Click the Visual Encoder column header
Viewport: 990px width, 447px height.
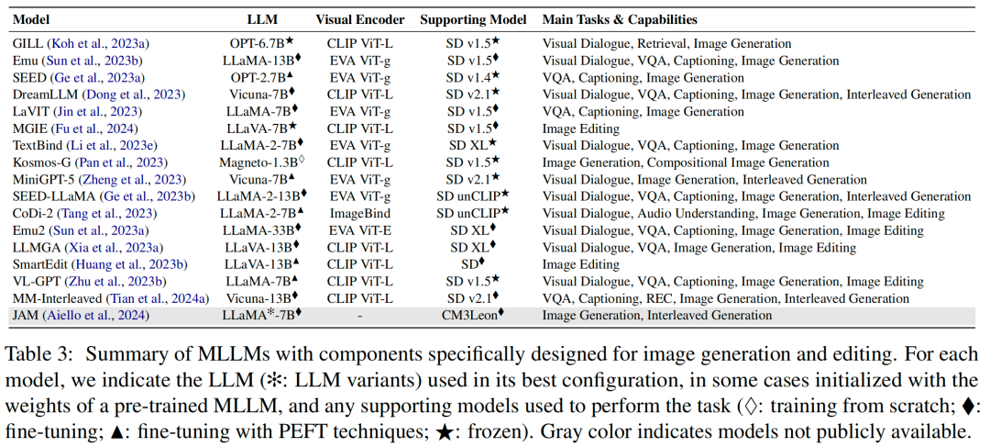click(358, 19)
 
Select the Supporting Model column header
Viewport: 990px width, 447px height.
click(474, 19)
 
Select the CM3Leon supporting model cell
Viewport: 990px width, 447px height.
click(474, 315)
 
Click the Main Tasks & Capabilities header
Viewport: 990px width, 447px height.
click(620, 19)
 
